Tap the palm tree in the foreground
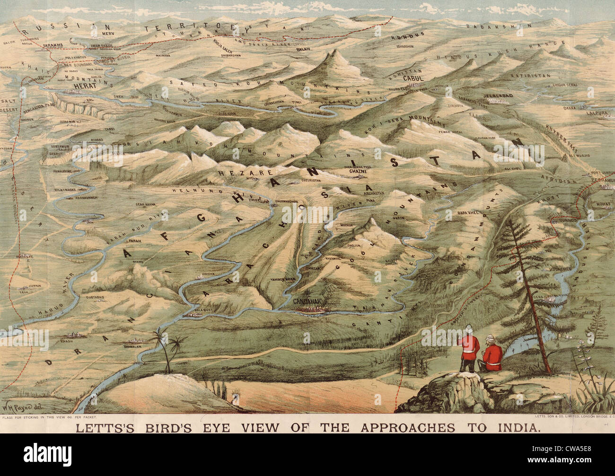[x=167, y=350]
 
